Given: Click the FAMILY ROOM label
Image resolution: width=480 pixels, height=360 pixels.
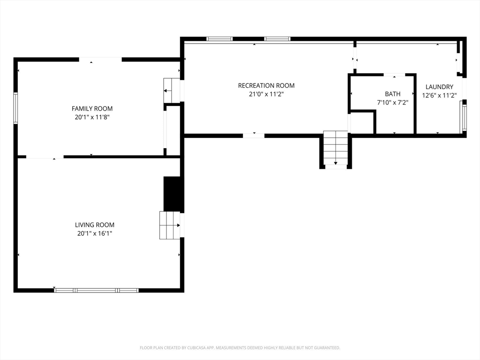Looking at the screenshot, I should point(92,109).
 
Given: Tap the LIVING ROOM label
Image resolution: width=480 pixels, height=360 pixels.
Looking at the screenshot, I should point(95,225).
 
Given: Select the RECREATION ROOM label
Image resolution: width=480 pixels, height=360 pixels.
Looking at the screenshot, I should point(266,85).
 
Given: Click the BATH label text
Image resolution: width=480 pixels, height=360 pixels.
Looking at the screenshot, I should point(393,94).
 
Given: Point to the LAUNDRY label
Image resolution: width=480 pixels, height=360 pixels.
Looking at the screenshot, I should point(439,87).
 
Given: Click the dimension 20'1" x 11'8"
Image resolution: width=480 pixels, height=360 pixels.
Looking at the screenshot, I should point(92,117).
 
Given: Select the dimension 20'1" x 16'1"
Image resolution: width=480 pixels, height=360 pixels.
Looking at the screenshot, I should point(95,233).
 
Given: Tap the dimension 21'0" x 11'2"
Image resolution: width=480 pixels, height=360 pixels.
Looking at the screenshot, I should point(266,94).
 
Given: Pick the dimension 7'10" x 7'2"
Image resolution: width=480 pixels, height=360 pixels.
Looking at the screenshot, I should point(393,102).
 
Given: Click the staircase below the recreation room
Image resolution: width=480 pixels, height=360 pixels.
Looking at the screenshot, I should point(336,149).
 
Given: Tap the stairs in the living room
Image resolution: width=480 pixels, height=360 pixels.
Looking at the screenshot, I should point(170,225).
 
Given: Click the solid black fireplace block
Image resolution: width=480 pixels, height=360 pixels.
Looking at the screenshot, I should point(172,194).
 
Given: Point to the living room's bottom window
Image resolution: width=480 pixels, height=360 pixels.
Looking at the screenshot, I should point(97,290).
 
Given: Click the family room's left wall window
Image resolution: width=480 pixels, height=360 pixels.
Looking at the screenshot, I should point(15,108).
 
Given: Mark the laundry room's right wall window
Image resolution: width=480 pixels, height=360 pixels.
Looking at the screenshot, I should point(464,117).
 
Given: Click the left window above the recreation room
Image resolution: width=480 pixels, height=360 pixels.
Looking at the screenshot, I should point(219,39).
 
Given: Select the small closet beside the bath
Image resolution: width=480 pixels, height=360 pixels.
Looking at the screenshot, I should point(361,123).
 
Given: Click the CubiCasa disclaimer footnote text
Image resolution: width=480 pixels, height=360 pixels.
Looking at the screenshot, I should point(240,348).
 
